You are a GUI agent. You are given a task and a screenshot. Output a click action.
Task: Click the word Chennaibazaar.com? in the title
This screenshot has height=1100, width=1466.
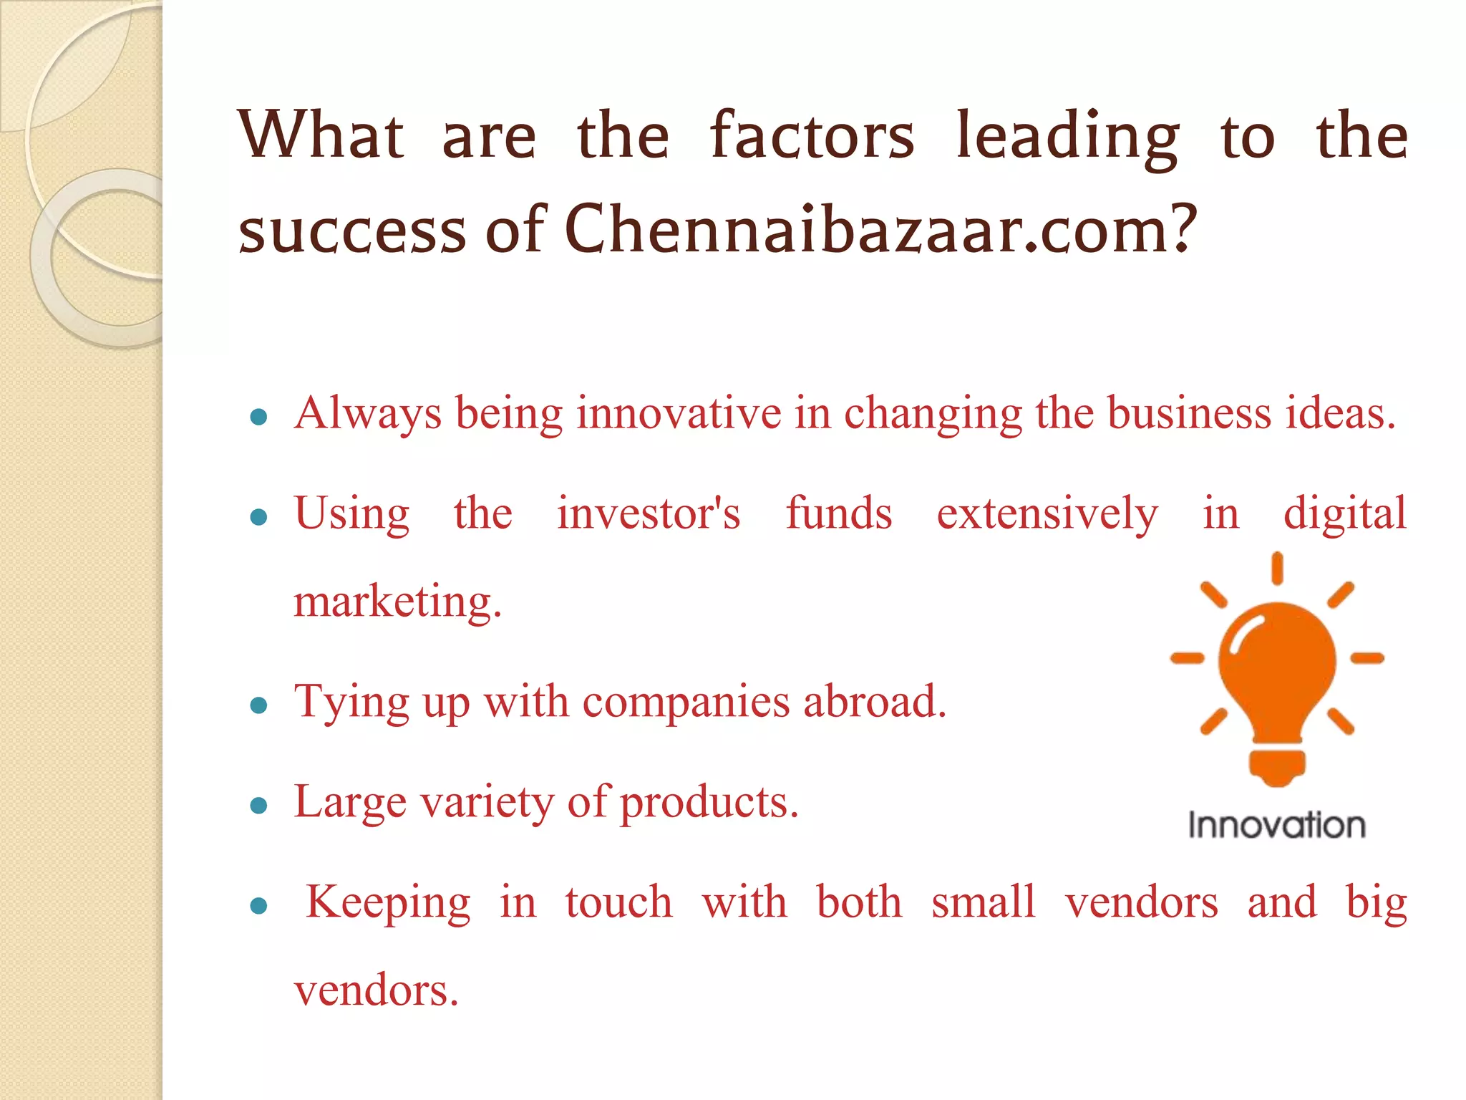[x=880, y=229]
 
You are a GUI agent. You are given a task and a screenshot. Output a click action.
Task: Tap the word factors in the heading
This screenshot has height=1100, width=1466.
[x=812, y=136]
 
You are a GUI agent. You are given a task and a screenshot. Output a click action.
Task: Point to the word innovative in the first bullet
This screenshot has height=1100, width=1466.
[x=679, y=413]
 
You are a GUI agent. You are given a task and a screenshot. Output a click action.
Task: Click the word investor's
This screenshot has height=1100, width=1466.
[x=649, y=513]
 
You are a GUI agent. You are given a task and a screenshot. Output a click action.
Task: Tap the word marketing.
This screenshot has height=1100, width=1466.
[x=398, y=602]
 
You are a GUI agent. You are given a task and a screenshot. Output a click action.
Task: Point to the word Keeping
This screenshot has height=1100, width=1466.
[x=389, y=902]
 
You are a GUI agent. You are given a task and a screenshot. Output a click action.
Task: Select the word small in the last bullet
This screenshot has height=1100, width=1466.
[x=984, y=902]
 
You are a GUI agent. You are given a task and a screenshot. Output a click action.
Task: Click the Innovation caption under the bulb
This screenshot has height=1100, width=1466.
[x=1277, y=825]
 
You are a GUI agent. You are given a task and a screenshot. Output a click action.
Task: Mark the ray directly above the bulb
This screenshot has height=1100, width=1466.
[x=1277, y=569]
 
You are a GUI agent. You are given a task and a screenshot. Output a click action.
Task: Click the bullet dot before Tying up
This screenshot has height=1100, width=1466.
[x=259, y=706]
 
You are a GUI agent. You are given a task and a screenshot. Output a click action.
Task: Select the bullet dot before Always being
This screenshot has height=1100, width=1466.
[x=259, y=417]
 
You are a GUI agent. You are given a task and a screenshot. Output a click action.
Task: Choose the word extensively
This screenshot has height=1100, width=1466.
[x=1047, y=514]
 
